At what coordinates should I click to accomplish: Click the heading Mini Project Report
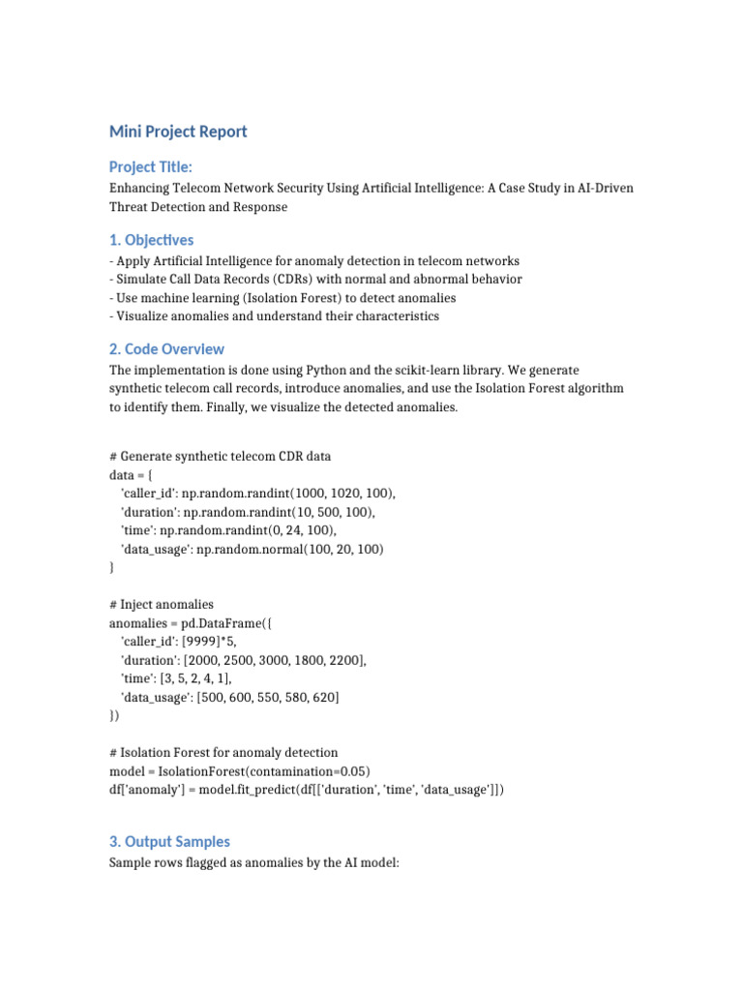(x=178, y=132)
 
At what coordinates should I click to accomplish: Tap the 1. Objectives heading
(x=151, y=240)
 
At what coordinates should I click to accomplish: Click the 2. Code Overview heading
(x=166, y=349)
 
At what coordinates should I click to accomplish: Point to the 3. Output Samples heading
(x=169, y=842)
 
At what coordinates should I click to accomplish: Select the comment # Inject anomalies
(x=162, y=605)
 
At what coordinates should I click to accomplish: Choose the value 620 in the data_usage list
(x=320, y=697)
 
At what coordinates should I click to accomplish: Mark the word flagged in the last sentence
(x=205, y=862)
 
